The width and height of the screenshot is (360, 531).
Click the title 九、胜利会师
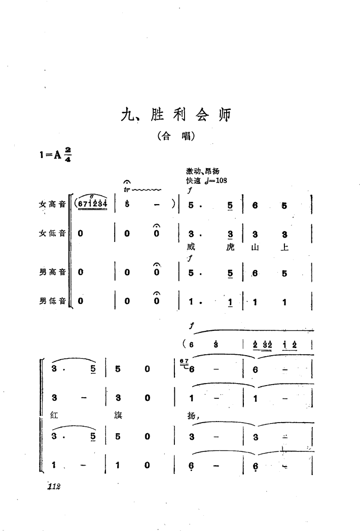click(x=176, y=116)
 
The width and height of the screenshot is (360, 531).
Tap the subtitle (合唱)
click(x=176, y=136)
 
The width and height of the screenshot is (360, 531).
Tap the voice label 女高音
click(x=52, y=205)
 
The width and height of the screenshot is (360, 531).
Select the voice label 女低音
click(x=52, y=235)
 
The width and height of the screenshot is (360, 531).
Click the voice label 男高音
click(x=52, y=272)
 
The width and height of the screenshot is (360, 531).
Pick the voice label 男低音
click(x=52, y=301)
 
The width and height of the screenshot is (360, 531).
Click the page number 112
click(x=53, y=487)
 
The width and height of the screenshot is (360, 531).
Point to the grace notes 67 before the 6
click(x=184, y=361)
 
